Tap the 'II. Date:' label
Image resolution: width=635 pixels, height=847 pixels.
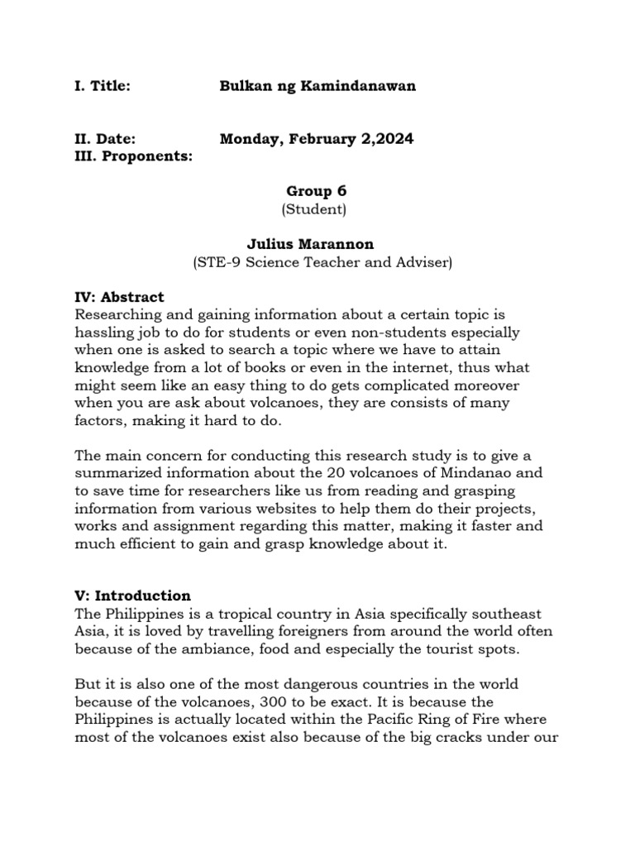click(x=105, y=140)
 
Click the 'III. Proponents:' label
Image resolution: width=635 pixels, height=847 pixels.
click(x=133, y=156)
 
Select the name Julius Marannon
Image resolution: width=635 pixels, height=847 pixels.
click(x=310, y=245)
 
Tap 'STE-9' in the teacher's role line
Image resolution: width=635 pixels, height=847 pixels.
click(x=212, y=263)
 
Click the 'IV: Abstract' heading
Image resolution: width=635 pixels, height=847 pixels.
click(x=119, y=297)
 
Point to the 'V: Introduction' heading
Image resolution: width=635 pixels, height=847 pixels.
click(x=132, y=596)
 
